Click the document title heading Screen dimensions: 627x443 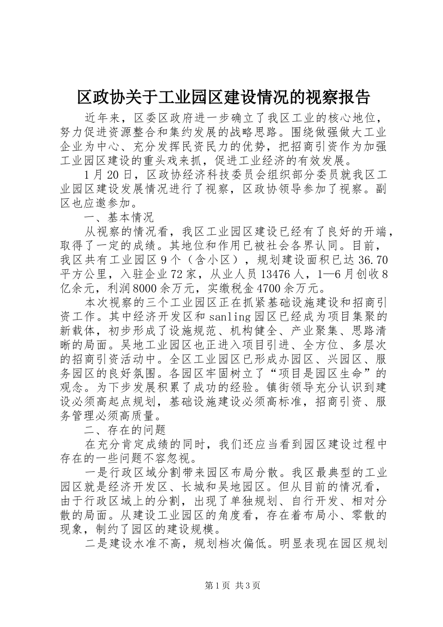(222, 97)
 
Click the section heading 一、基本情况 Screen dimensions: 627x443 (118, 217)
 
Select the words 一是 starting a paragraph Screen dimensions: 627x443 (96, 472)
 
